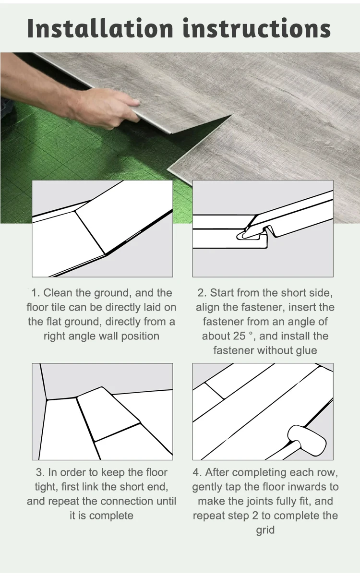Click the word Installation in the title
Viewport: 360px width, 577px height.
tap(100, 28)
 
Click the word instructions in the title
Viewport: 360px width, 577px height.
tap(257, 28)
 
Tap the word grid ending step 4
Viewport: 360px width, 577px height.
tap(265, 530)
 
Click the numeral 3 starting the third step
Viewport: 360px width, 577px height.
tap(39, 473)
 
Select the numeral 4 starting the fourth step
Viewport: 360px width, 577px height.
tap(196, 473)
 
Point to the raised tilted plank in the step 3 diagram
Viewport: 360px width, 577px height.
tap(108, 413)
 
